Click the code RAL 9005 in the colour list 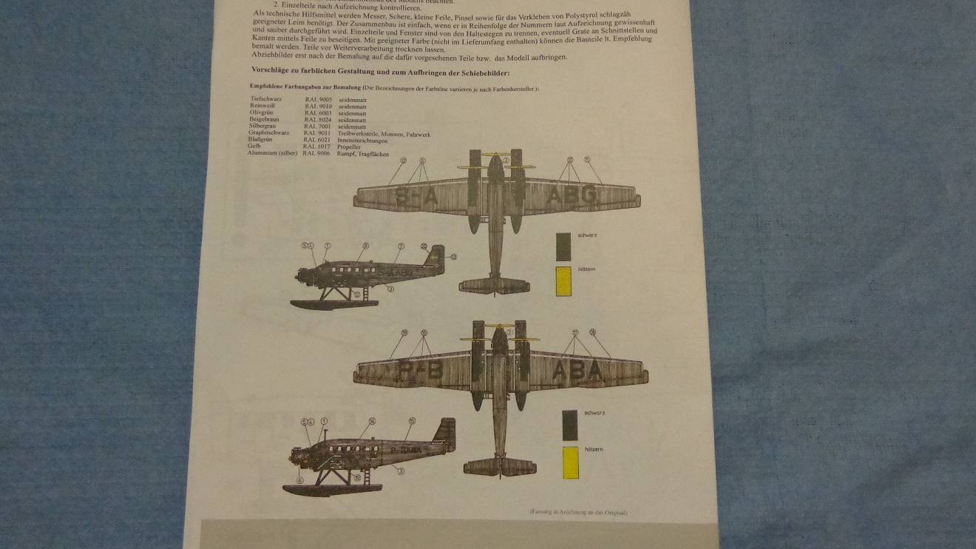point(318,98)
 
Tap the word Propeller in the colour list point(350,146)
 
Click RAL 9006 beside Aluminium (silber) point(317,153)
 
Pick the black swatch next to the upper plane point(563,246)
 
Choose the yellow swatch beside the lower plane point(570,462)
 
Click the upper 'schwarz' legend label point(589,235)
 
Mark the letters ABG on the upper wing point(572,196)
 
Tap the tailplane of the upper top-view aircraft point(495,285)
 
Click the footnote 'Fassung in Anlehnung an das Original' point(582,512)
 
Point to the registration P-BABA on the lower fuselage point(403,448)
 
